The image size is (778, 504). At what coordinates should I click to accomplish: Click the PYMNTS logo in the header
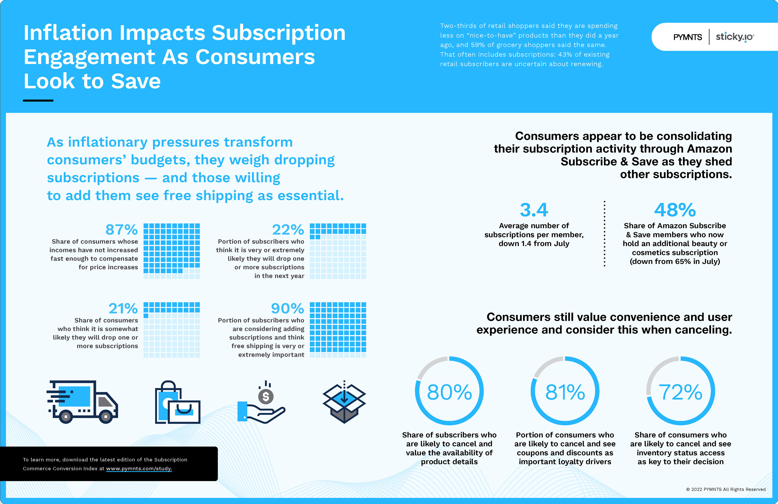tap(687, 37)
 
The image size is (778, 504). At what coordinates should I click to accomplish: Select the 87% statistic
tap(122, 230)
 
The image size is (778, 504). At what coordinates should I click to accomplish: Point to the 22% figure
tap(288, 230)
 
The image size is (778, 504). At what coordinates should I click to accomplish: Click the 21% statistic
tap(123, 309)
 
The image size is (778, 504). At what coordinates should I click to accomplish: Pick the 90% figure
tap(287, 309)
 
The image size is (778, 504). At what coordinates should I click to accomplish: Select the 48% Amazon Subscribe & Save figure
tap(675, 210)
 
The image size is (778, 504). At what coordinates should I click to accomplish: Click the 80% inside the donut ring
tap(449, 392)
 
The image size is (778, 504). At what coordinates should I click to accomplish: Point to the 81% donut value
tap(565, 392)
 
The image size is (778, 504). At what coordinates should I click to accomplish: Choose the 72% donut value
tap(680, 392)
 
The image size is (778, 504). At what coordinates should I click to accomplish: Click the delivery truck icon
tap(83, 402)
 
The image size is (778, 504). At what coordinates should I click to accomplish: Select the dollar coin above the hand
tap(266, 397)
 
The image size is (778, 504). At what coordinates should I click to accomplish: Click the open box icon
tap(344, 402)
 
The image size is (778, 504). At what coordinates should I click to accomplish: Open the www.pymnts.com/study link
tap(139, 469)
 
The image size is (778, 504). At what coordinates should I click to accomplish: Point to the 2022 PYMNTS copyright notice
tap(725, 489)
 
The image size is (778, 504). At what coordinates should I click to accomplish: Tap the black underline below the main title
tap(38, 101)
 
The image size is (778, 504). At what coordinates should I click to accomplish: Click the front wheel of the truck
tap(106, 417)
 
